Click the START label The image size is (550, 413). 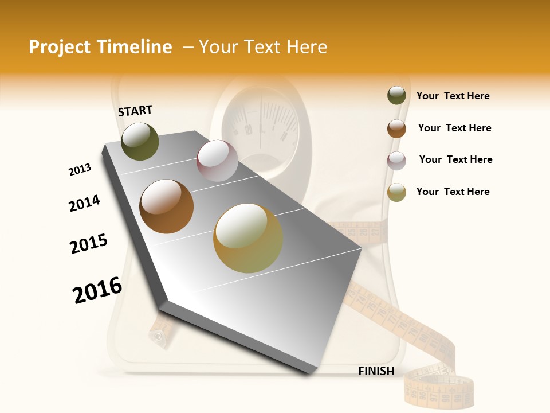(x=135, y=111)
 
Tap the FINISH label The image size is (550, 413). (x=376, y=371)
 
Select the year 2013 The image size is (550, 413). (x=80, y=170)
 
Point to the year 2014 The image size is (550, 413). (x=84, y=203)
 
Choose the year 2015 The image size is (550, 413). (x=89, y=243)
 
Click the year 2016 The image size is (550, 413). (x=97, y=290)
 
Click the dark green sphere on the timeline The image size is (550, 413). (x=140, y=141)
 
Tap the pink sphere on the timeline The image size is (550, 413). (x=217, y=161)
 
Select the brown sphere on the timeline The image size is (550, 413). (x=167, y=206)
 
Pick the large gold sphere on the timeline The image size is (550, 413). (x=248, y=238)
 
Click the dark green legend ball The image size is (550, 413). (x=396, y=96)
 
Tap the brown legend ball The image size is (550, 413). (x=396, y=128)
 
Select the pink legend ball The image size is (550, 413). (x=396, y=161)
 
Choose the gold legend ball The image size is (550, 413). (x=396, y=192)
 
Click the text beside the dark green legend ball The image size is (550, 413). (x=453, y=96)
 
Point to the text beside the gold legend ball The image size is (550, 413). (x=453, y=192)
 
